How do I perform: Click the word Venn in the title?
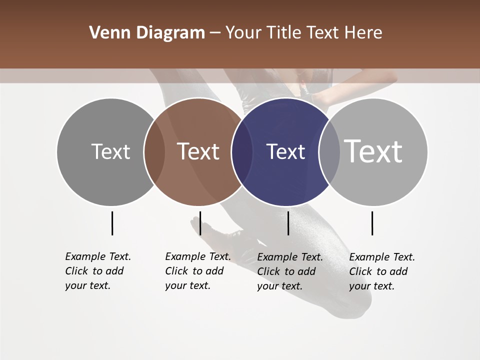[x=106, y=33]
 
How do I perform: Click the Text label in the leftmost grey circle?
[x=110, y=151]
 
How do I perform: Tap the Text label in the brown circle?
[x=198, y=151]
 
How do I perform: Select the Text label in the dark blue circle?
[x=285, y=151]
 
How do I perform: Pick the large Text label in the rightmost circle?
[x=373, y=151]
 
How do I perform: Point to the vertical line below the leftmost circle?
[x=112, y=223]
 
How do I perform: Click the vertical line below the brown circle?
[x=200, y=223]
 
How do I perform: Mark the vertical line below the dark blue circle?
[x=288, y=223]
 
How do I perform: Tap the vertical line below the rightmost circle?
[x=372, y=223]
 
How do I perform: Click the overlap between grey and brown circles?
[x=154, y=151]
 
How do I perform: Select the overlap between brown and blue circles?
[x=241, y=151]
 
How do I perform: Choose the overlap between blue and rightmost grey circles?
[x=329, y=151]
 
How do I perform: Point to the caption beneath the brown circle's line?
[x=197, y=271]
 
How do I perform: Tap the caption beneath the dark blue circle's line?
[x=289, y=271]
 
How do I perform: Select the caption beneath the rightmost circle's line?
[x=381, y=271]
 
